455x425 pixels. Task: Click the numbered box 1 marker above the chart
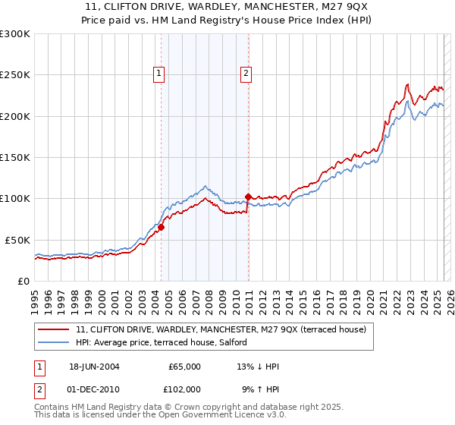tap(159, 74)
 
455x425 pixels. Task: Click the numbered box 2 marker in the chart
tap(246, 74)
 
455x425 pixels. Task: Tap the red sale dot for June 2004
tap(161, 227)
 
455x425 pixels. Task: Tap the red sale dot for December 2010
tap(248, 197)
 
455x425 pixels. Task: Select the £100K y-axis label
tap(15, 198)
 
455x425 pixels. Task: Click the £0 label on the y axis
tap(23, 281)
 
